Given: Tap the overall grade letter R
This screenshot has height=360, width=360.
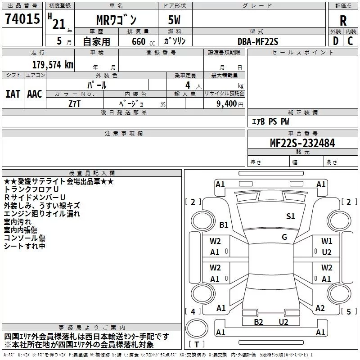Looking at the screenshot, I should (343, 21).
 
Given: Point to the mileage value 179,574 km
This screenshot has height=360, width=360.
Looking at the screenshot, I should (53, 64).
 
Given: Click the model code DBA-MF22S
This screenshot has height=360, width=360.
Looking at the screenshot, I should (258, 41).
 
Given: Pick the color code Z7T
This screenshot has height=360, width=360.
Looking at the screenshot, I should (75, 103).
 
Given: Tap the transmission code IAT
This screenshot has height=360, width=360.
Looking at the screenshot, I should (13, 94).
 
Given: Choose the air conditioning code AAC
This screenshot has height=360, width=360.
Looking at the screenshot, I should (35, 94).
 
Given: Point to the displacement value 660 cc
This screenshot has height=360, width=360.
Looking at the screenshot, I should (138, 41).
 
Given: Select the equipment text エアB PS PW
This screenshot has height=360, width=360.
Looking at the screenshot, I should (270, 121).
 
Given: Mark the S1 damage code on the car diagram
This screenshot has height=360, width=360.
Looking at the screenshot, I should (291, 216).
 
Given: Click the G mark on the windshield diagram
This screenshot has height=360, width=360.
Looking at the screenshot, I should (284, 237).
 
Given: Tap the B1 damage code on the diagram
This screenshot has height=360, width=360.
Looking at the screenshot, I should (224, 225).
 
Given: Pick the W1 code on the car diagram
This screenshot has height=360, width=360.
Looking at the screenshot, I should (327, 241).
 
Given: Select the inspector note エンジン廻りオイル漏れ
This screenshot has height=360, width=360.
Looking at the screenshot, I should (42, 213).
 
